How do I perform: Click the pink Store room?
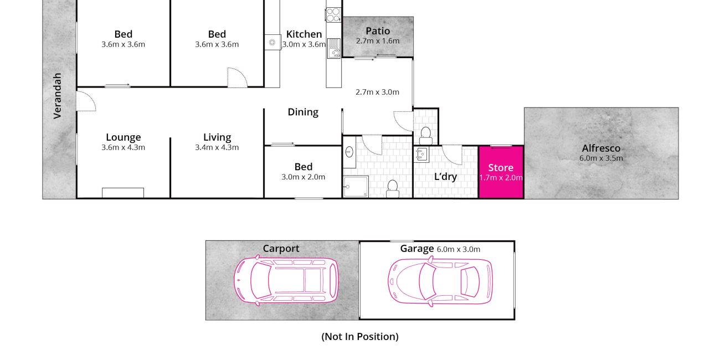click(501, 172)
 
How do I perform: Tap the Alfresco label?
click(601, 148)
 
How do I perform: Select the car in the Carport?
click(286, 280)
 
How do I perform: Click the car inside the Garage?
click(440, 281)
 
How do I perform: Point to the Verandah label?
click(57, 96)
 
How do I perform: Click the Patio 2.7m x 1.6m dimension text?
click(378, 41)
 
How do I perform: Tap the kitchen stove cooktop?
click(333, 14)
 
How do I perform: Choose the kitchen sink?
click(333, 48)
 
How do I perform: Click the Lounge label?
click(124, 137)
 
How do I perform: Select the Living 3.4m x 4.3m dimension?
click(217, 147)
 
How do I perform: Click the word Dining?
click(303, 112)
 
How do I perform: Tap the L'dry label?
click(445, 177)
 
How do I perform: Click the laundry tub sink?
click(421, 155)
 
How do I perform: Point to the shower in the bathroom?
click(356, 187)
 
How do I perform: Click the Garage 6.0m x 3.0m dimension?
click(459, 249)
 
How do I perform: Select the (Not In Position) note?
click(360, 337)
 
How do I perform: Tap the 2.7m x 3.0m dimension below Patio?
click(377, 92)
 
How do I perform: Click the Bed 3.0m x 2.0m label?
click(304, 171)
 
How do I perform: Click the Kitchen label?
click(304, 34)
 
